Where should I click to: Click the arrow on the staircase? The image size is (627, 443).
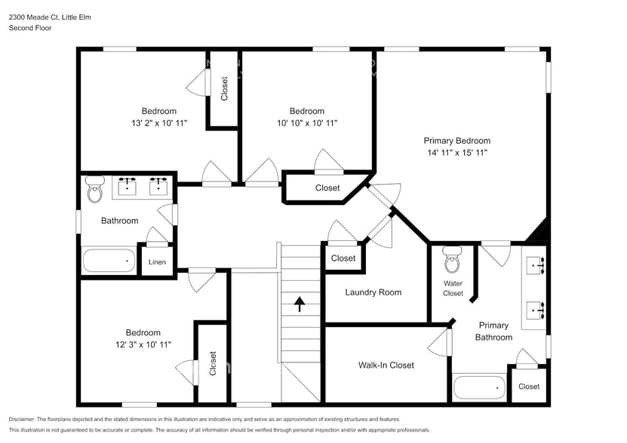(299, 304)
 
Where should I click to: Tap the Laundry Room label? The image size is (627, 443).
(373, 292)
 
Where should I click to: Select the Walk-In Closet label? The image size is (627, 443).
(386, 365)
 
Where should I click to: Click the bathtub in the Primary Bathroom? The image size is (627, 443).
(479, 388)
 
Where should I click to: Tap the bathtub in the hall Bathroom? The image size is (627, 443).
(109, 261)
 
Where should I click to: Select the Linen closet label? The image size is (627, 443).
(157, 262)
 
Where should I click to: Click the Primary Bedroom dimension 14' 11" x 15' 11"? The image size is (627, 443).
(456, 153)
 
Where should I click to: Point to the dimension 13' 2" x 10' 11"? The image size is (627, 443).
(158, 123)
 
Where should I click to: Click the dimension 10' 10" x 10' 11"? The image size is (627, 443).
(307, 123)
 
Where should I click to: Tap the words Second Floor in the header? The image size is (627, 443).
(31, 28)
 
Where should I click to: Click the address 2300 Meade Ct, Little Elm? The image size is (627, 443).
(50, 17)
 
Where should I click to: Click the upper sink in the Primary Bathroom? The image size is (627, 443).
(536, 265)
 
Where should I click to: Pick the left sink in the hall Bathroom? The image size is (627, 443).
(128, 185)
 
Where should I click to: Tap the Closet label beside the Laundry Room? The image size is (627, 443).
(343, 258)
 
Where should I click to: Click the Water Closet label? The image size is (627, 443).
(453, 288)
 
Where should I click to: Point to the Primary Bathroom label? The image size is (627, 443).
(493, 331)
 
